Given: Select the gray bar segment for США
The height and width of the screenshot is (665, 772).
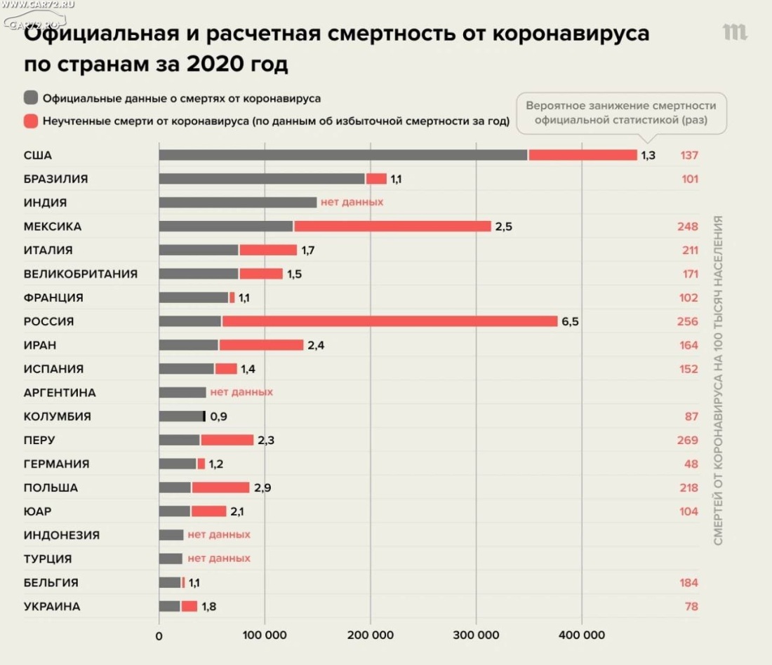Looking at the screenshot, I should coord(342,155).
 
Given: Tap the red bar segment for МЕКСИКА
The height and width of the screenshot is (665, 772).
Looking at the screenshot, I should coord(392,227).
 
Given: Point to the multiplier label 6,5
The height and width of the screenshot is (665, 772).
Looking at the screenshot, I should coord(570,321).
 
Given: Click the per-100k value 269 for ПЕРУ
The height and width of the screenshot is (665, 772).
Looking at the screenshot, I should coord(688,440).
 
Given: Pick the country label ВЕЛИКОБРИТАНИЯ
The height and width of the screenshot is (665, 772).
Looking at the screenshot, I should coord(81,274).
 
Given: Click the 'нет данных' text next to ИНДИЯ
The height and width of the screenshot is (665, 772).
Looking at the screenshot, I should coord(352,202).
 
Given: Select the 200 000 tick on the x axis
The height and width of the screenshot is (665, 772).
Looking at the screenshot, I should coord(371,636).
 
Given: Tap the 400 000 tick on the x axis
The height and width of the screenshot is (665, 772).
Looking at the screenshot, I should coord(582,636).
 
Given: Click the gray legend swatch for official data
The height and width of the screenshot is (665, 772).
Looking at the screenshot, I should coord(31,98).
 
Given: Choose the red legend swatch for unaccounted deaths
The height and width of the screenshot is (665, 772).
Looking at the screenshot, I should coord(31,121).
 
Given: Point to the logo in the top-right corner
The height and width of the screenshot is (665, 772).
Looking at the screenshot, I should coord(735,32).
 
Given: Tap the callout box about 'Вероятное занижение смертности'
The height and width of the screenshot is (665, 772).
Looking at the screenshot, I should coord(621,113).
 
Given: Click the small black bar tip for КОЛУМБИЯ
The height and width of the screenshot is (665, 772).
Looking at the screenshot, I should coord(204,416).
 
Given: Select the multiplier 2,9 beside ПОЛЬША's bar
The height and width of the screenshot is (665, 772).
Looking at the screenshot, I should coord(262,488).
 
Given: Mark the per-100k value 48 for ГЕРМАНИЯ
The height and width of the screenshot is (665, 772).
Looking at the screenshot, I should coord(691,464).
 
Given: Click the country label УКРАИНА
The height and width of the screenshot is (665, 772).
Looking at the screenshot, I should coord(52,606).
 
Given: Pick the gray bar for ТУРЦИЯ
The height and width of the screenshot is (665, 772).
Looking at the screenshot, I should coord(171,558).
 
